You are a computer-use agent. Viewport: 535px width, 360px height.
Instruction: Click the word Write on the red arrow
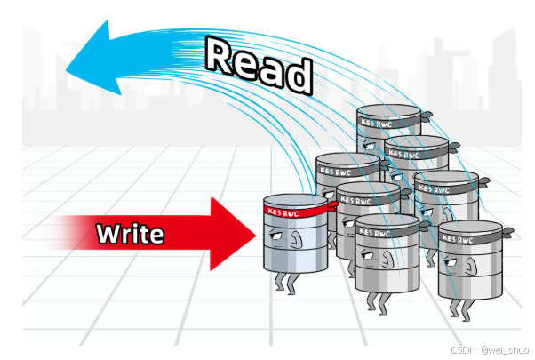(x=130, y=234)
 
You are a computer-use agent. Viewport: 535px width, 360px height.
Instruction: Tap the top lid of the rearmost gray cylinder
(x=387, y=112)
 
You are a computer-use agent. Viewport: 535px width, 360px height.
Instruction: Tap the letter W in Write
(x=107, y=234)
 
